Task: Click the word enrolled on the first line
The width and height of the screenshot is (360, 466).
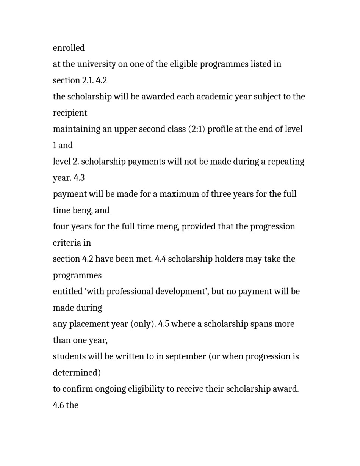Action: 69,48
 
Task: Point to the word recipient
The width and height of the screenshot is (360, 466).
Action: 70,113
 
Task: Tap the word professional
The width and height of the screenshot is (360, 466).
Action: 130,292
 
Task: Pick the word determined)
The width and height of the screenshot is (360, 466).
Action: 77,373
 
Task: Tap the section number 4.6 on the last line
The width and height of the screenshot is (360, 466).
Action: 58,405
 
